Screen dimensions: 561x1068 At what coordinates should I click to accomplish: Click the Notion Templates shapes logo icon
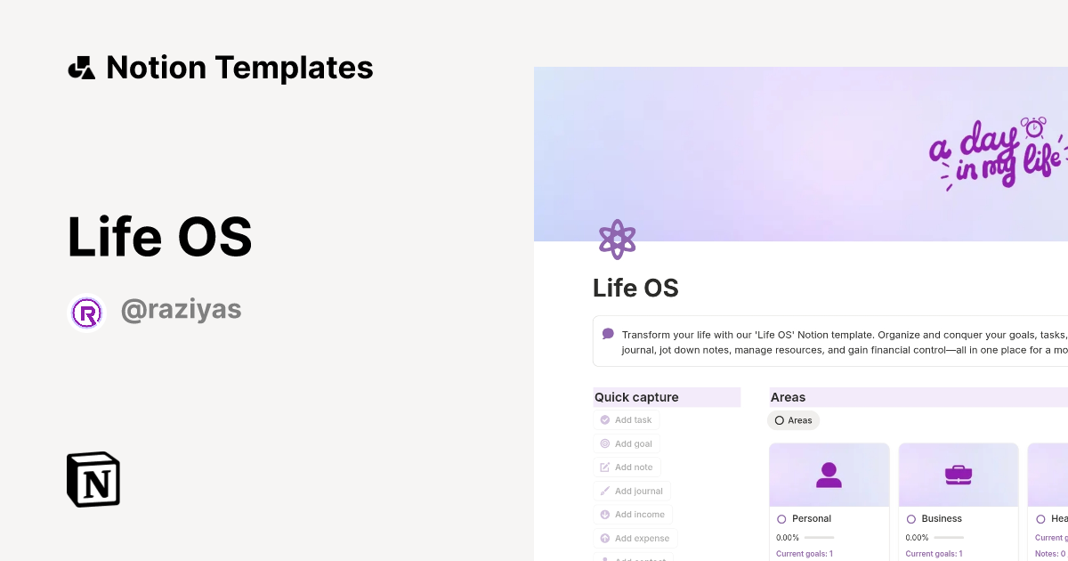81,68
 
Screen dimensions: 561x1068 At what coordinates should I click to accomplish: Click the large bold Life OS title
160,238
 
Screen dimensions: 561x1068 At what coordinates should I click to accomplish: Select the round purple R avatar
87,313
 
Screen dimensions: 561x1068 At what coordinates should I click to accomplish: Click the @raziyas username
181,311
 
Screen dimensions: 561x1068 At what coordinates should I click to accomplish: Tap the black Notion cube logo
93,479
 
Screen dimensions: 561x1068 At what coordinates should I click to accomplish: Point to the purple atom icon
617,240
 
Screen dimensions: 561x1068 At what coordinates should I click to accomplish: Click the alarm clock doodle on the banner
1034,127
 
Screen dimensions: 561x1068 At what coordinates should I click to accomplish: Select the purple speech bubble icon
608,334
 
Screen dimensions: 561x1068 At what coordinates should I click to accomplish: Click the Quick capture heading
636,397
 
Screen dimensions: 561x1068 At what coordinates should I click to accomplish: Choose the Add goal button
627,443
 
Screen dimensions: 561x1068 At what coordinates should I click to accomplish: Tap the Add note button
627,467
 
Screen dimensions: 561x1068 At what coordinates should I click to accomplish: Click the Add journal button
632,491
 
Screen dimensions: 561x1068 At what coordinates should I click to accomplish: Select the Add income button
633,515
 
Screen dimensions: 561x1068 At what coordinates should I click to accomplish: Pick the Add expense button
635,538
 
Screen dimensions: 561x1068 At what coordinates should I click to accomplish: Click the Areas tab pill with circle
793,420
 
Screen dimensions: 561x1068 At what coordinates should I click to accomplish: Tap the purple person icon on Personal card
829,476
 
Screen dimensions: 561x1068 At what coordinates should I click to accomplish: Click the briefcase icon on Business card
958,476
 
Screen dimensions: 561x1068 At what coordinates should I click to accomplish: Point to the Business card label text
942,518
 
